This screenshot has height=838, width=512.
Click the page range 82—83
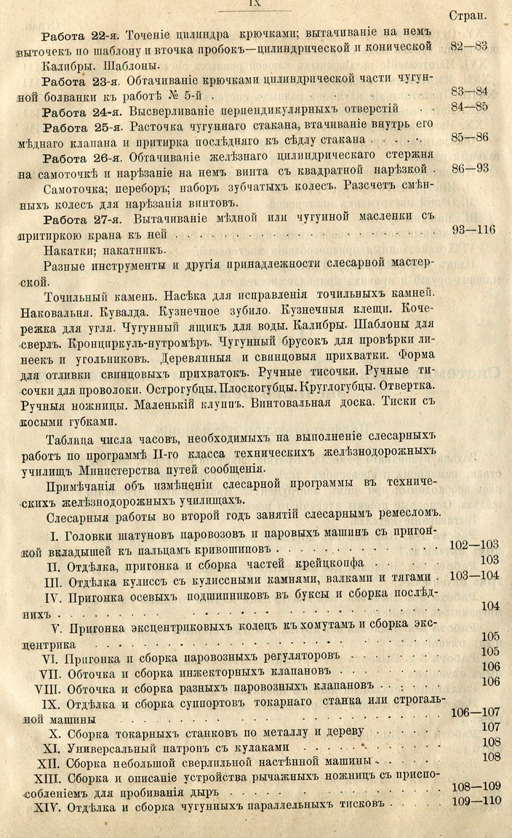click(469, 48)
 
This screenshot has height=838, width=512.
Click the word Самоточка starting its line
click(77, 188)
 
